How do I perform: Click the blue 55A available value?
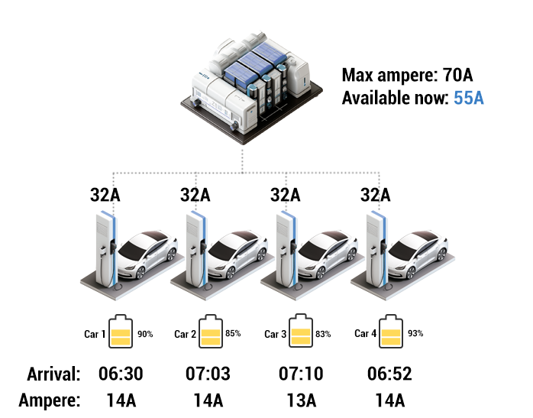point(468,98)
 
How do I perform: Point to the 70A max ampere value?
point(457,75)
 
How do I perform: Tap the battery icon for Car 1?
point(121,332)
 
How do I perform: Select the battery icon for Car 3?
point(301,331)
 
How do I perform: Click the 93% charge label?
point(415,333)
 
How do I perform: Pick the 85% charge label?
point(233,333)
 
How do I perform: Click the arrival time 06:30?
point(121,374)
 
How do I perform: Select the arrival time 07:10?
point(301,374)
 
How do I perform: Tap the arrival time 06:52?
point(389,374)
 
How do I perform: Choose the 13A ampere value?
point(302,400)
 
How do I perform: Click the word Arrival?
point(53,374)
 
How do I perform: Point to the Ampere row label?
point(50,400)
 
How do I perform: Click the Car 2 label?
point(186,335)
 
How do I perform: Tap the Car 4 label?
point(366,334)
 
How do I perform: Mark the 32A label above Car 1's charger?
point(105,195)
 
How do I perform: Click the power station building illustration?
point(251,86)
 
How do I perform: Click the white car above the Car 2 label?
point(236,254)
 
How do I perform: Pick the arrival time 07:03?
point(208,374)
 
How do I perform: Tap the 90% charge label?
point(145,335)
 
